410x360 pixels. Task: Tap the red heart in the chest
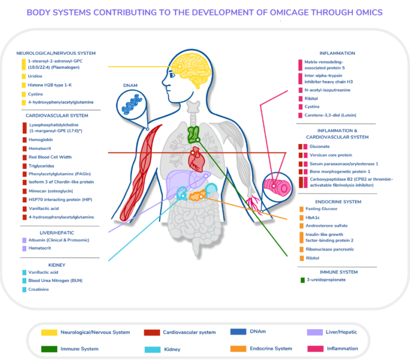[196, 157]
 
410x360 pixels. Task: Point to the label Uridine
[36, 76]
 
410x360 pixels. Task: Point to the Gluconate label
[319, 146]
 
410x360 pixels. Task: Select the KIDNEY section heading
[56, 265]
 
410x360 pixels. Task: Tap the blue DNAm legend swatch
[238, 332]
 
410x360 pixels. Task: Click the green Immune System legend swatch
[50, 349]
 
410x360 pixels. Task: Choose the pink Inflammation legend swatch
[316, 349]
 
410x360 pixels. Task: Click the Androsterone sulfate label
[326, 225]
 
